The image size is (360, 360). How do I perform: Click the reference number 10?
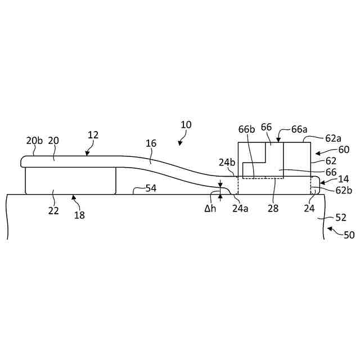pyautogui.click(x=186, y=124)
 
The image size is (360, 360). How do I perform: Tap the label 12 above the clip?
pyautogui.click(x=93, y=135)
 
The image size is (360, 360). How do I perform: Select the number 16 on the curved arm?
pyautogui.click(x=151, y=143)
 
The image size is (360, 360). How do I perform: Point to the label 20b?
pyautogui.click(x=34, y=141)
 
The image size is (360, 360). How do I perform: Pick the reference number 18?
pyautogui.click(x=79, y=215)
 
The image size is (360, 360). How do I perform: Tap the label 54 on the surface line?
pyautogui.click(x=151, y=188)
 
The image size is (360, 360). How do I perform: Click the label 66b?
pyautogui.click(x=246, y=128)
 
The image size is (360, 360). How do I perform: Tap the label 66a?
pyautogui.click(x=299, y=128)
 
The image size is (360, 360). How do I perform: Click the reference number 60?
pyautogui.click(x=343, y=150)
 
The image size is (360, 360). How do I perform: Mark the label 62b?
pyautogui.click(x=343, y=190)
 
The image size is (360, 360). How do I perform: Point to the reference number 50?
pyautogui.click(x=349, y=235)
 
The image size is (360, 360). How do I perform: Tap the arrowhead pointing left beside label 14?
pyautogui.click(x=322, y=181)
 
